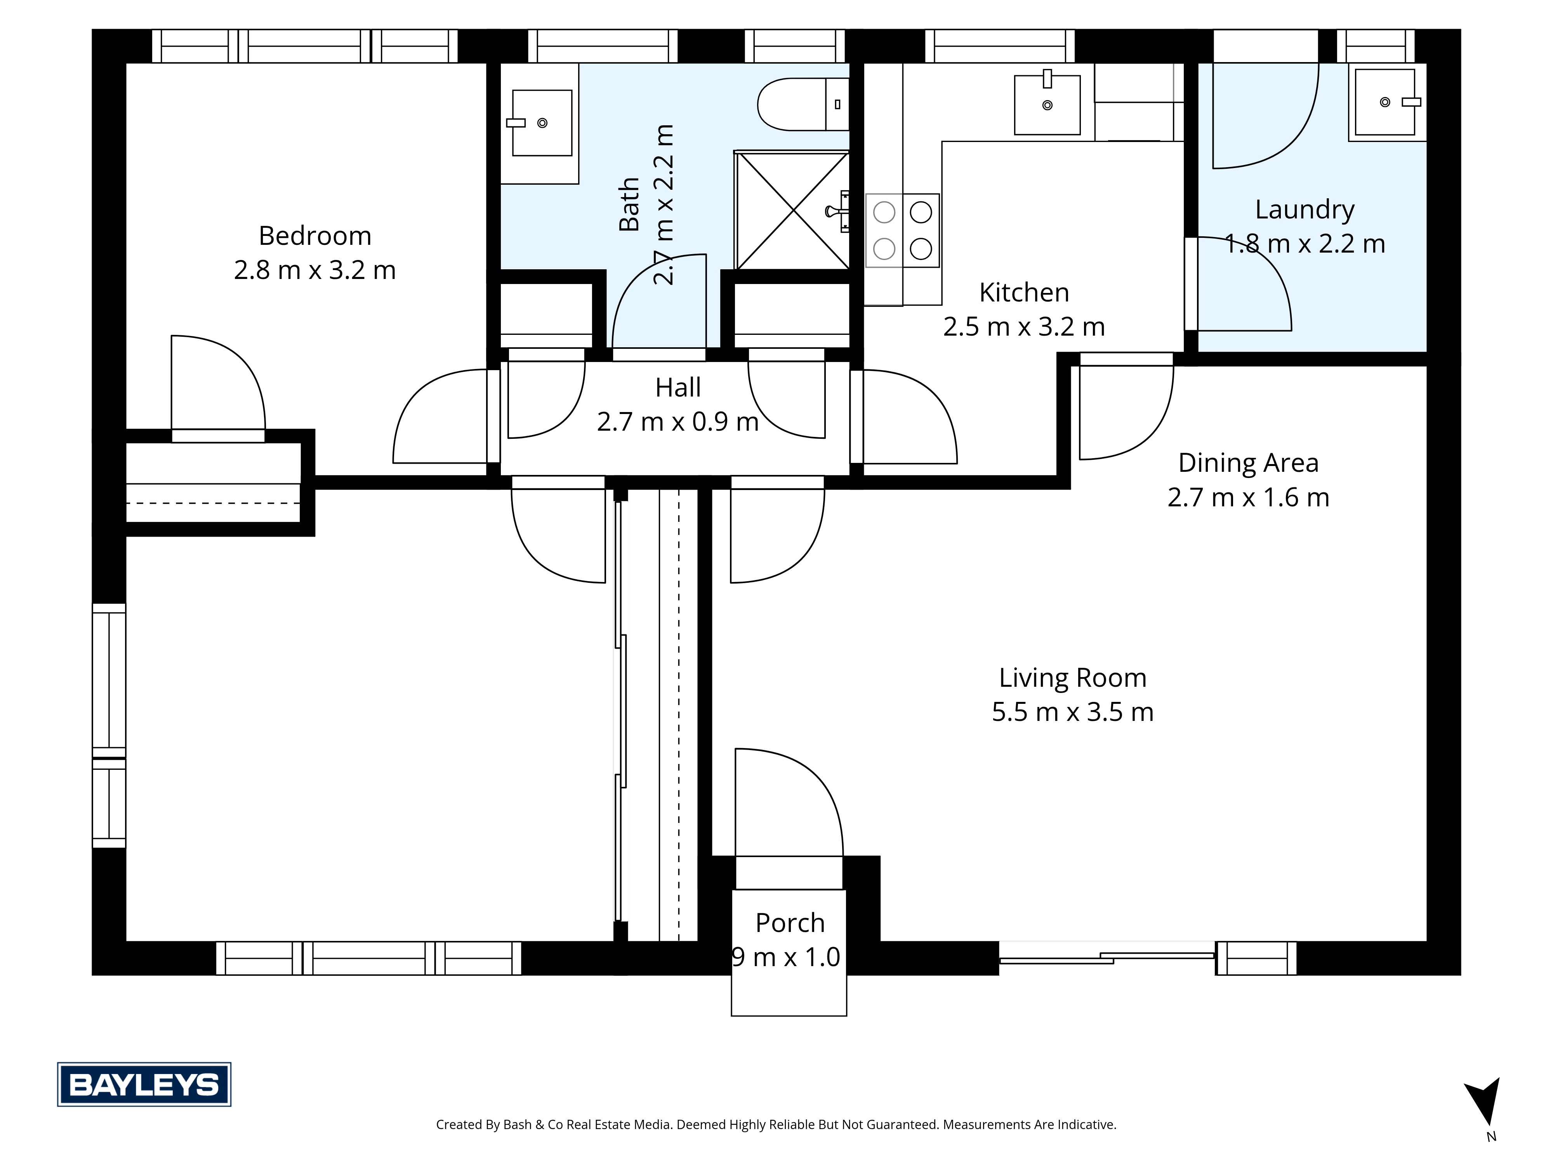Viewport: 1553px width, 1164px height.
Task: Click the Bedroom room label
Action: point(314,236)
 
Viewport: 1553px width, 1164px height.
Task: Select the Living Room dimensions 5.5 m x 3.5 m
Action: point(1072,712)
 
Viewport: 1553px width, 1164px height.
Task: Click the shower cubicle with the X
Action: point(792,210)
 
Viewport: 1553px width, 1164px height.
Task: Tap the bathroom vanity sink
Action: point(541,123)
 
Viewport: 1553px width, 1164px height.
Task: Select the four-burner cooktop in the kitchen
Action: point(902,230)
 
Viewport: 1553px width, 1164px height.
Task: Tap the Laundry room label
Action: point(1305,209)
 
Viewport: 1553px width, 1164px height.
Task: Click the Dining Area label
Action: point(1247,463)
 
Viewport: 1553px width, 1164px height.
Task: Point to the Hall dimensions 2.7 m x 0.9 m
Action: point(677,422)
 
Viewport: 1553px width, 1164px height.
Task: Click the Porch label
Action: point(789,923)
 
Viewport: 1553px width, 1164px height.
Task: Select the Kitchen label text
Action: point(1024,292)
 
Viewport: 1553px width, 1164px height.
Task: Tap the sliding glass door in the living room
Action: point(1107,958)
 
